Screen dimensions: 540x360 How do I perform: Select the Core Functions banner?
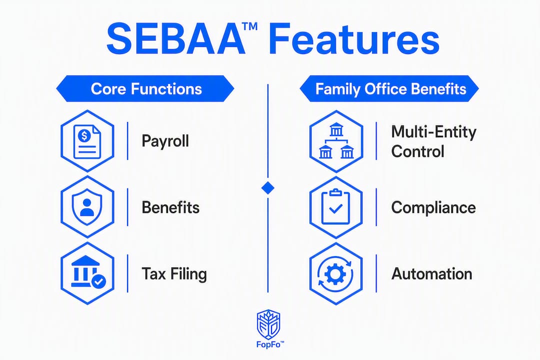point(145,89)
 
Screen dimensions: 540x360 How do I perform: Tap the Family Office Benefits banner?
point(389,89)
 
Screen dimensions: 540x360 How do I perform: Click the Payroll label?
point(165,141)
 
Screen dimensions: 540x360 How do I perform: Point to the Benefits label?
point(170,207)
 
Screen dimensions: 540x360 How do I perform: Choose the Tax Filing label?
point(174,274)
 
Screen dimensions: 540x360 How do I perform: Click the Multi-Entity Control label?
point(433,141)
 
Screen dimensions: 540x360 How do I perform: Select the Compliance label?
point(433,207)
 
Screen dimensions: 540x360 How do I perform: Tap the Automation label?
point(432,274)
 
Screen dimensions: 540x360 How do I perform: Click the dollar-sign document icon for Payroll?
point(87,141)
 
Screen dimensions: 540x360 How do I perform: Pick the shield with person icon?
point(87,207)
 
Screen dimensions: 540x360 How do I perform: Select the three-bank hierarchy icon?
point(336,141)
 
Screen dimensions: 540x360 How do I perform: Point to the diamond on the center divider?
point(268,188)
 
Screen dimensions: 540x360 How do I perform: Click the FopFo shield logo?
point(268,324)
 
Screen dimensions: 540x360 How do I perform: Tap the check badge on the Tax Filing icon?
point(99,281)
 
